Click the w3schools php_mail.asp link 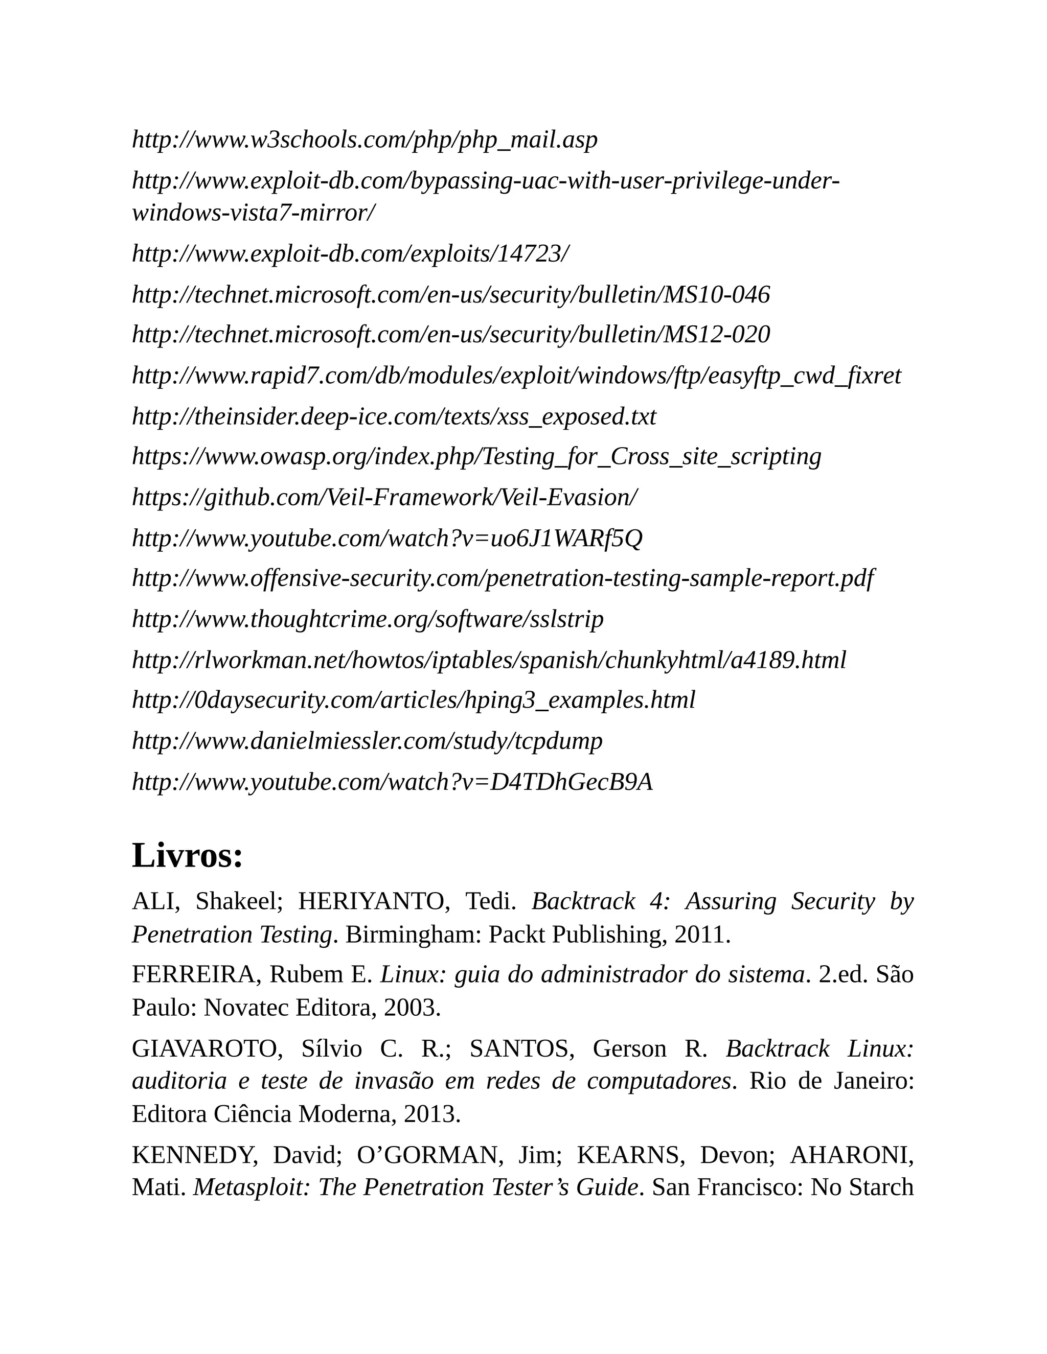365,139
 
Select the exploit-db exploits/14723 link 350,253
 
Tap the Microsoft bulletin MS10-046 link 451,294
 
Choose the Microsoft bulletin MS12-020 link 451,334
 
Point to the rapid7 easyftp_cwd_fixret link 516,375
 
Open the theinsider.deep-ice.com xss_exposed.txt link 394,416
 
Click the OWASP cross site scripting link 476,456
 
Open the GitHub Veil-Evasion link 384,497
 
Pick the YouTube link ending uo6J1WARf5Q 387,538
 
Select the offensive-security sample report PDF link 503,578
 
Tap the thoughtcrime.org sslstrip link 368,619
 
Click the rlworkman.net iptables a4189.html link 489,660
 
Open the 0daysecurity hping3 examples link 414,700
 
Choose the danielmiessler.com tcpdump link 367,741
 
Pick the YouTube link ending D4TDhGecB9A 393,782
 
